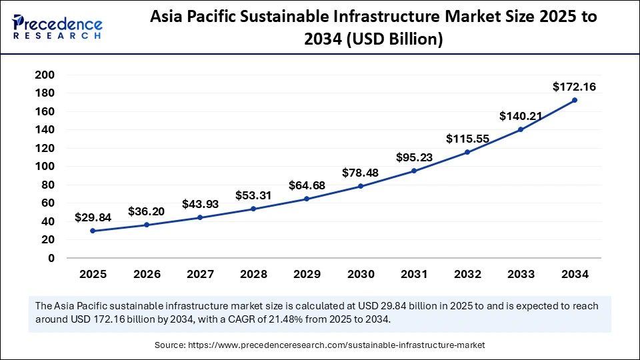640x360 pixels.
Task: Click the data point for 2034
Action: (x=575, y=100)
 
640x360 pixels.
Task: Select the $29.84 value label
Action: (x=93, y=217)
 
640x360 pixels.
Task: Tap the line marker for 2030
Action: (x=360, y=186)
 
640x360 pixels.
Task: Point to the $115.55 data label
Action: (x=467, y=139)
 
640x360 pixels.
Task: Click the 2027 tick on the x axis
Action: (x=199, y=274)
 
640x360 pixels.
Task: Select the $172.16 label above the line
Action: (x=575, y=87)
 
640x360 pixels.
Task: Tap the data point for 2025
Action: (x=93, y=231)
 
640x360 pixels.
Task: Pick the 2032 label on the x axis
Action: (x=467, y=274)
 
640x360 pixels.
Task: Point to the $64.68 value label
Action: (x=307, y=185)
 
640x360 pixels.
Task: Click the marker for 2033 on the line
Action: (x=521, y=129)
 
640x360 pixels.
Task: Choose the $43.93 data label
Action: (x=199, y=204)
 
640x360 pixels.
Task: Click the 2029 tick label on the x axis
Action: (x=307, y=274)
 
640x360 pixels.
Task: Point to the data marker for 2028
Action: (x=253, y=209)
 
